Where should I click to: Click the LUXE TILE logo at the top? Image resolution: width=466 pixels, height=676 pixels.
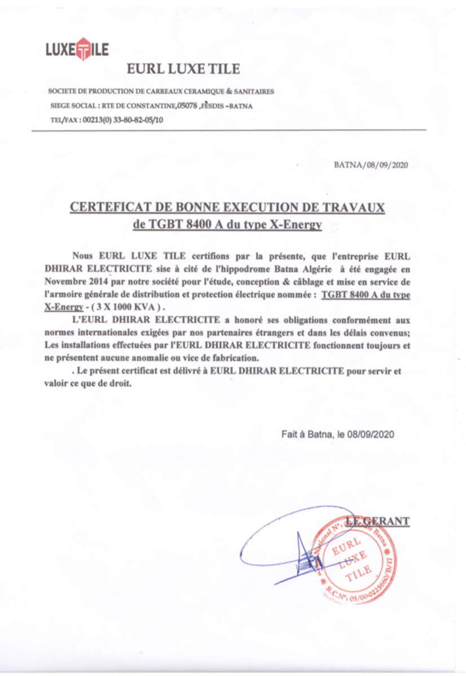pyautogui.click(x=77, y=49)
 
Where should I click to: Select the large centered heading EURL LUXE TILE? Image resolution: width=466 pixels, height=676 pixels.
pyautogui.click(x=183, y=69)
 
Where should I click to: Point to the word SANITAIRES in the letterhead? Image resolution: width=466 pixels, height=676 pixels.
pyautogui.click(x=253, y=91)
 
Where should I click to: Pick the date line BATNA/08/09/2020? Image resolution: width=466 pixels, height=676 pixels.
pyautogui.click(x=371, y=165)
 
